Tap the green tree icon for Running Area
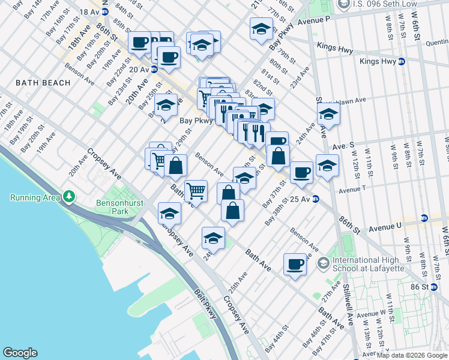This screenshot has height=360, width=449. [70, 196]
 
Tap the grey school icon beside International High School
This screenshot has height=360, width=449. [323, 263]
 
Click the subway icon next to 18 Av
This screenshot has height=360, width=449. [105, 11]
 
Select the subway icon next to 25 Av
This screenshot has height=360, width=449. [315, 199]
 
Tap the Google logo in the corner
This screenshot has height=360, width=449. [20, 353]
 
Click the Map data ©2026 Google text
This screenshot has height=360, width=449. [412, 355]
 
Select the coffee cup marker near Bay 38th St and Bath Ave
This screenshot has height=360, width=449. [295, 264]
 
